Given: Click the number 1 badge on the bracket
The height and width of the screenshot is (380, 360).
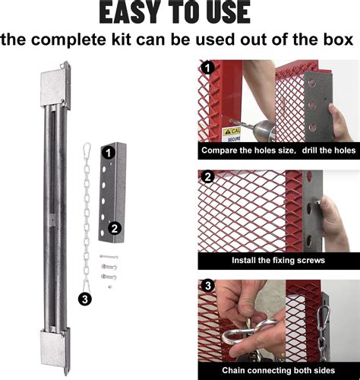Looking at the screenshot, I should tap(109, 152).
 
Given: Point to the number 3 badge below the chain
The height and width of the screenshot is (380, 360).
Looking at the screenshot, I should tap(85, 299).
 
